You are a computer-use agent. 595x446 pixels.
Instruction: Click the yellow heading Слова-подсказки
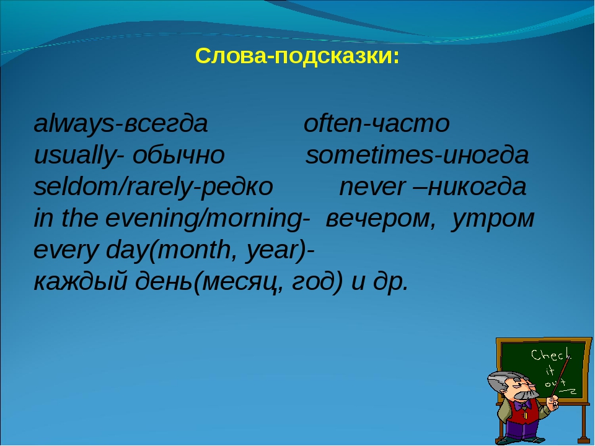click(297, 56)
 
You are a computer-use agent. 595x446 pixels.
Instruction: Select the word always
click(74, 125)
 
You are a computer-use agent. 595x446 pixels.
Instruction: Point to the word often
click(332, 123)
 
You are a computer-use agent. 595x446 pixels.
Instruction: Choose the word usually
click(75, 156)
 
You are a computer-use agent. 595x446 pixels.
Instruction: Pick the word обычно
click(178, 155)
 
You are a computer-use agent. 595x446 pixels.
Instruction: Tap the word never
click(372, 188)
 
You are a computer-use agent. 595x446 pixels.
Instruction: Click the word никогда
click(477, 188)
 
